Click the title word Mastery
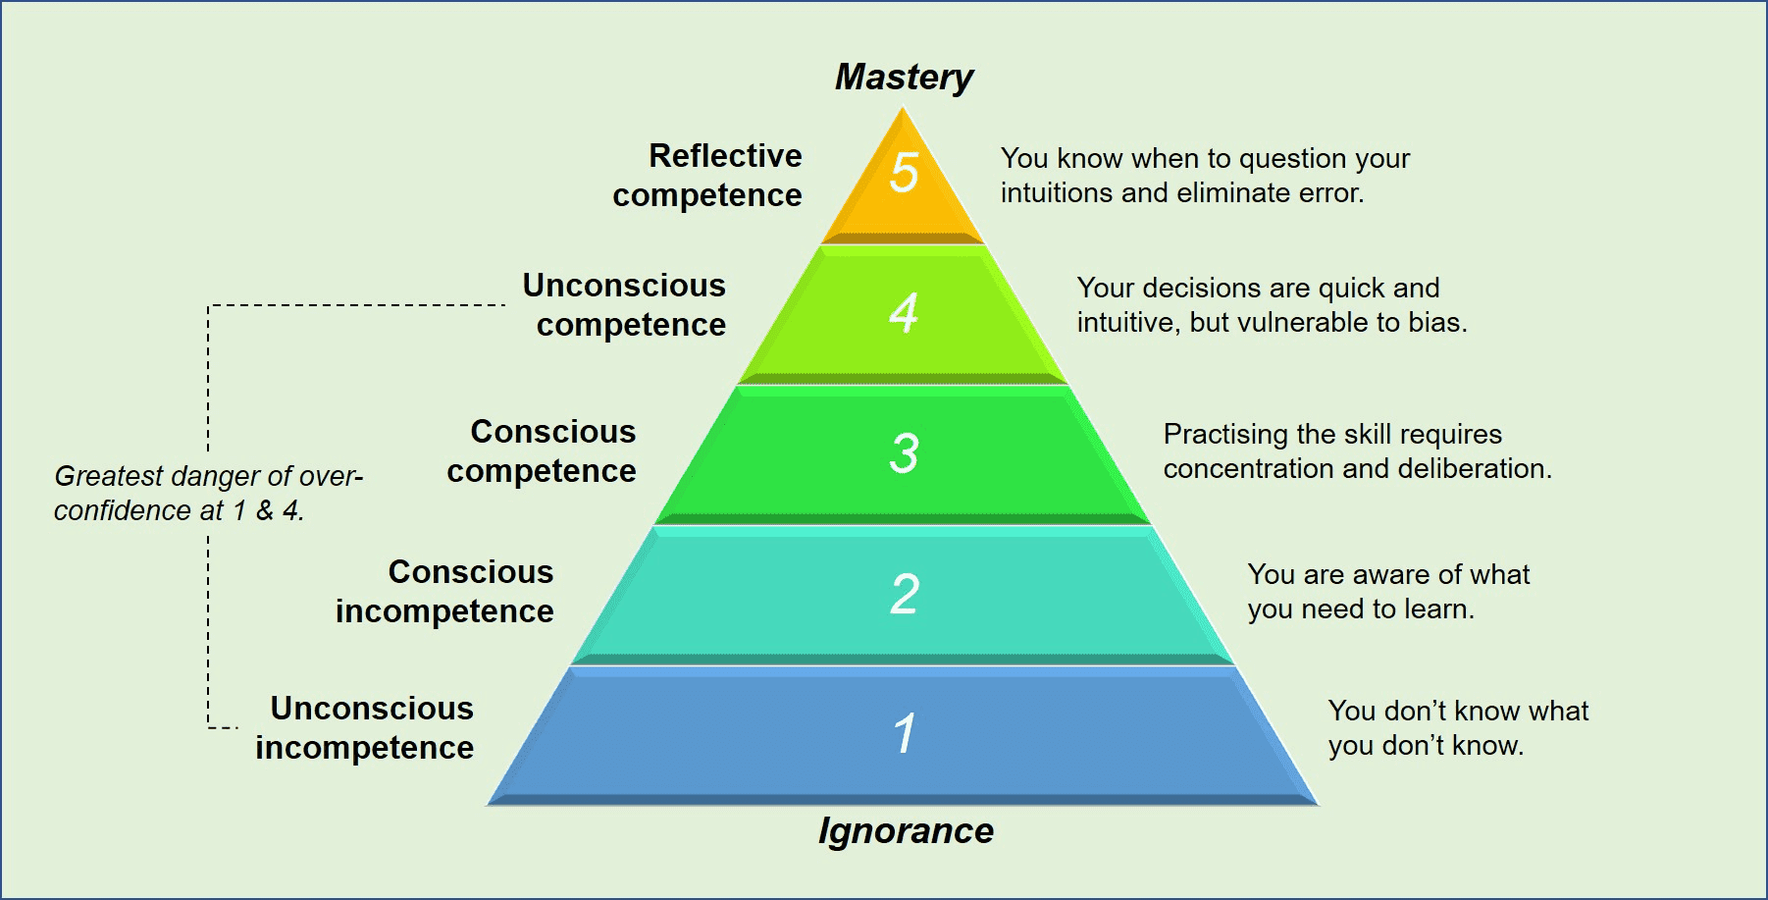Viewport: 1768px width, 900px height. (904, 78)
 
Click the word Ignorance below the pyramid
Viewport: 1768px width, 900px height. (906, 831)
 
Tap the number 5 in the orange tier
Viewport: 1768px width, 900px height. (904, 173)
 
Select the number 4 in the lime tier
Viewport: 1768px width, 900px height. (904, 313)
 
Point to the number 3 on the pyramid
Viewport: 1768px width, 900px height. (904, 453)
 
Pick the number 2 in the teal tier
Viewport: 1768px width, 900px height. (905, 594)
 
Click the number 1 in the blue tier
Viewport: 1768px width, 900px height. (905, 734)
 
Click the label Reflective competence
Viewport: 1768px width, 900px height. (707, 176)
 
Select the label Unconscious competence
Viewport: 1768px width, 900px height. (625, 305)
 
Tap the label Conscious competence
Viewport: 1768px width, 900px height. (543, 451)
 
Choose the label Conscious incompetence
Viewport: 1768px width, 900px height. (445, 592)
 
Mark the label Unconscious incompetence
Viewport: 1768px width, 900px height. (365, 728)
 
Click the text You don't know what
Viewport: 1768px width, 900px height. (1458, 712)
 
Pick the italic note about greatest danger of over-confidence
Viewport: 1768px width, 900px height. (208, 494)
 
